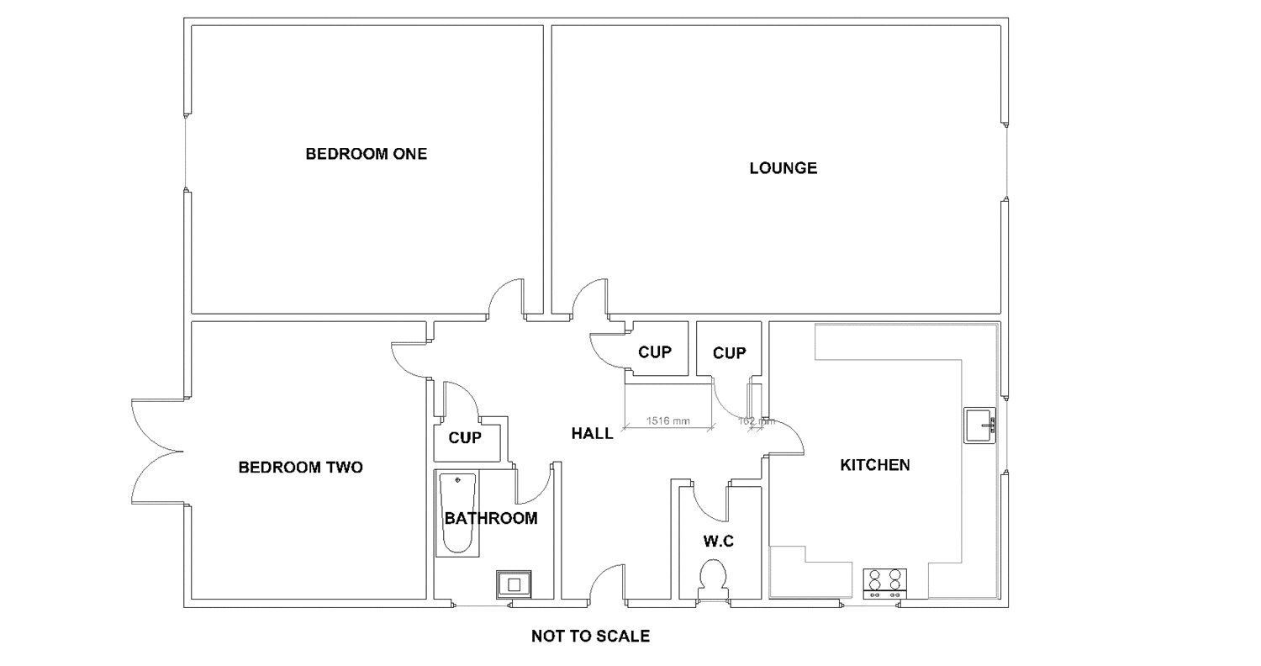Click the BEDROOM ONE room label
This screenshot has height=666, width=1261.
[366, 154]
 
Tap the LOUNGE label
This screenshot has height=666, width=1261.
[783, 168]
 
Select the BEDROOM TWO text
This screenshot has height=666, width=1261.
[300, 467]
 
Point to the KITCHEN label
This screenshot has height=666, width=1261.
[874, 464]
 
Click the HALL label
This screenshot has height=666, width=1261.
[592, 434]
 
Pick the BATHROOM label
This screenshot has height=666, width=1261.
[491, 518]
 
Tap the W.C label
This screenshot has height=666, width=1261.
[719, 542]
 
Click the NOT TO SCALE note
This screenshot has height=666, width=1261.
[590, 636]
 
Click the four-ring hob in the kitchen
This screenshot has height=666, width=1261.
[885, 581]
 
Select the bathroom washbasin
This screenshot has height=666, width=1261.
[513, 583]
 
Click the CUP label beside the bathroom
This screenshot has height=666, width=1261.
[465, 438]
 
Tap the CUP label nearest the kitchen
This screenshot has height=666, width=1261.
[729, 353]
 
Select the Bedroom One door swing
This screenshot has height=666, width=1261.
[504, 299]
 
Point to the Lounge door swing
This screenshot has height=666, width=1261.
[588, 300]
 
